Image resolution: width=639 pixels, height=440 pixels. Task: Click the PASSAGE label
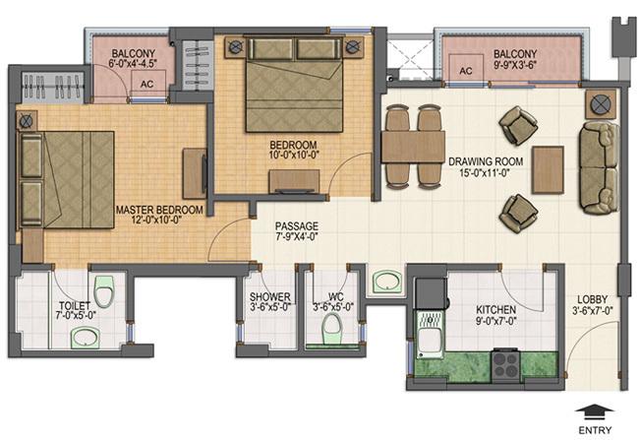(296, 225)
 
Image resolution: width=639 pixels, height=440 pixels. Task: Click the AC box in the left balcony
(146, 84)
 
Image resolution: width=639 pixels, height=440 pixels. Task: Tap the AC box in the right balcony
(465, 72)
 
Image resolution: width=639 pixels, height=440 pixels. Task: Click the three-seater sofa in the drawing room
(596, 166)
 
